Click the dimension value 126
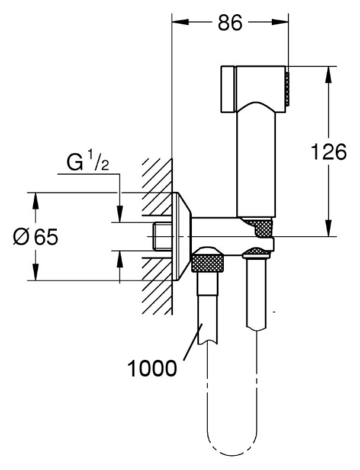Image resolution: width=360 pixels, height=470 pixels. [x=329, y=153]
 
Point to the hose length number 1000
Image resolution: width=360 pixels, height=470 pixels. [x=152, y=368]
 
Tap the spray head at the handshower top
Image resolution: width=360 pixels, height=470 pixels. [x=255, y=86]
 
